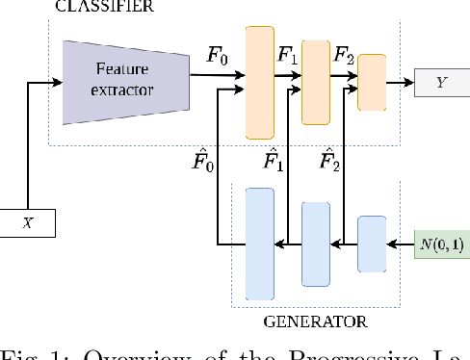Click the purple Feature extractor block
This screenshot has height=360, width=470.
coord(122,82)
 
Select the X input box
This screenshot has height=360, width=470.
coord(28,224)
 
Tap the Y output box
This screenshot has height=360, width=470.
coord(440,83)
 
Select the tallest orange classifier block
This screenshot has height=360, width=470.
coord(260,82)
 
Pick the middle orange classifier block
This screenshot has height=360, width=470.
coord(316,82)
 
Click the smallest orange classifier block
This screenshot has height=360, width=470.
coord(372,82)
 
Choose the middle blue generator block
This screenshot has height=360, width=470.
coord(316,244)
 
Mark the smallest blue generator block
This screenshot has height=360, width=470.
coord(372,244)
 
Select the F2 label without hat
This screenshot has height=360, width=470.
coord(343,55)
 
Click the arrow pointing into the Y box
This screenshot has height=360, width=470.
coord(399,83)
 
